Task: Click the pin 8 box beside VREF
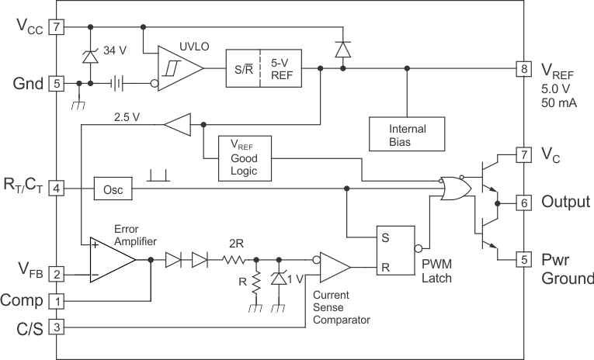pyautogui.click(x=524, y=69)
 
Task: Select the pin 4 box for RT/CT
pyautogui.click(x=56, y=188)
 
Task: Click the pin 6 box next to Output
pyautogui.click(x=524, y=202)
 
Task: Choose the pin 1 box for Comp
pyautogui.click(x=56, y=300)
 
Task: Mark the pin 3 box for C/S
pyautogui.click(x=56, y=327)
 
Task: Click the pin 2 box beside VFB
pyautogui.click(x=56, y=274)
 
